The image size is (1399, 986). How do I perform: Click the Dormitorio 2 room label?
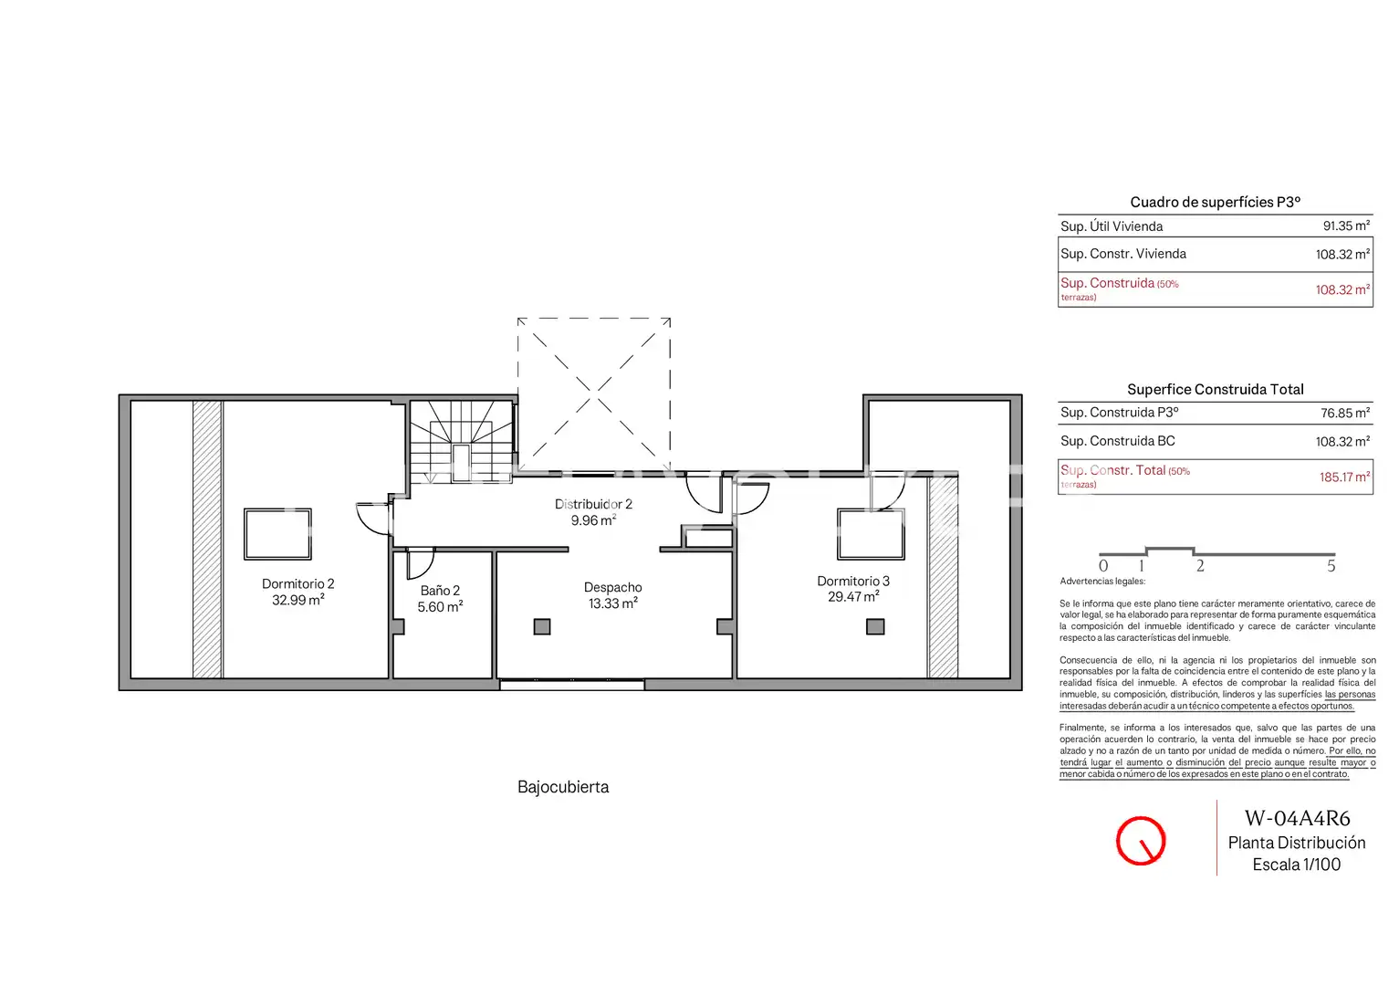(x=298, y=583)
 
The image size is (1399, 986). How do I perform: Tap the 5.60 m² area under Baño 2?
(x=440, y=606)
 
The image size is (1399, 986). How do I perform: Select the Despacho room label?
(x=612, y=587)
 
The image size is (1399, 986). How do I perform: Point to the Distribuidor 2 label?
(x=593, y=504)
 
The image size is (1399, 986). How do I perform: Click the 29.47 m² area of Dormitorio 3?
(x=854, y=597)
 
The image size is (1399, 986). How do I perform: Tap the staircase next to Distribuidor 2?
(x=462, y=442)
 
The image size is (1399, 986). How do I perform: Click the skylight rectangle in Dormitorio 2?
(x=278, y=509)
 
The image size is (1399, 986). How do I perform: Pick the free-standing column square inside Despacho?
(x=542, y=626)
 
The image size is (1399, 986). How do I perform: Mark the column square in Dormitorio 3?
(x=875, y=626)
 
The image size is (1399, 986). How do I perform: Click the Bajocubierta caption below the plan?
(x=563, y=787)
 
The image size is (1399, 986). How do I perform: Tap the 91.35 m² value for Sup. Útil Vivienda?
(x=1347, y=226)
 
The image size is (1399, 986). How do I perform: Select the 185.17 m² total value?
(x=1344, y=477)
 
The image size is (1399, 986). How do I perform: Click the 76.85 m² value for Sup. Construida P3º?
(x=1345, y=413)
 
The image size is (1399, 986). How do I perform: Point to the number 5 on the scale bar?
(x=1331, y=566)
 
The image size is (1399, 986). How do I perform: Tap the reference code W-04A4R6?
(x=1297, y=818)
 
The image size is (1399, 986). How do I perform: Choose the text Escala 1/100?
(x=1297, y=865)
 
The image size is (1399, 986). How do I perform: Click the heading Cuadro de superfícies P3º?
(x=1215, y=202)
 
